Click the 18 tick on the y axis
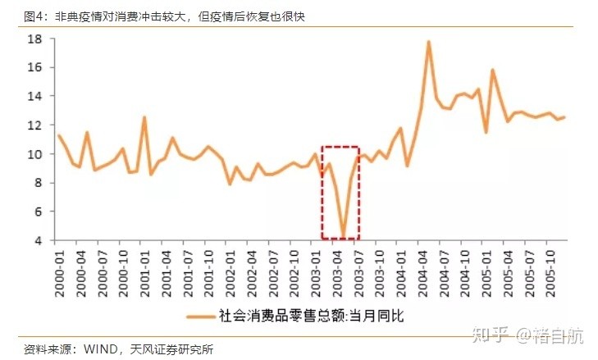[34, 39]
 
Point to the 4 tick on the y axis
[38, 240]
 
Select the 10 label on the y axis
[34, 154]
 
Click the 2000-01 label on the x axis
[58, 265]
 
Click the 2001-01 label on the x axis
[145, 265]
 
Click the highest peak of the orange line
[428, 42]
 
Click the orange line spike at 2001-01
[144, 117]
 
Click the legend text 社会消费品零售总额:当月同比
[311, 314]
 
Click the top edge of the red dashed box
[340, 148]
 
